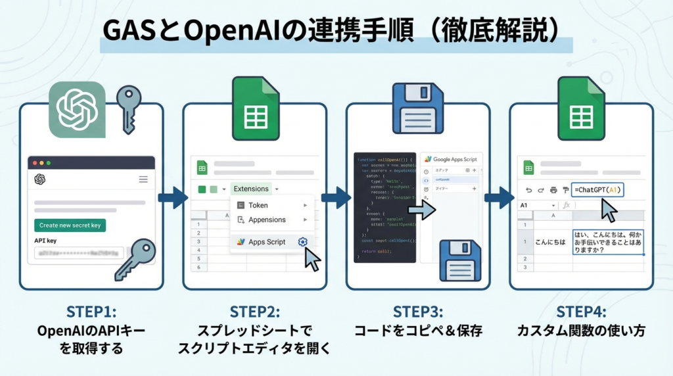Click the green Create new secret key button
[x=70, y=225]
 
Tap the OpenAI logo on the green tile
[x=77, y=110]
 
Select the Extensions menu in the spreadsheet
[x=251, y=189]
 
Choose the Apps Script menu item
[x=267, y=242]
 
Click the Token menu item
[x=258, y=205]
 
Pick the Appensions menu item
[x=267, y=220]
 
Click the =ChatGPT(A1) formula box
[x=597, y=190]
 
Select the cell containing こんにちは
[x=549, y=242]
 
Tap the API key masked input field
[x=79, y=253]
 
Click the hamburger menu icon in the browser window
[x=143, y=179]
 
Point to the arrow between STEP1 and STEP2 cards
[x=173, y=197]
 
